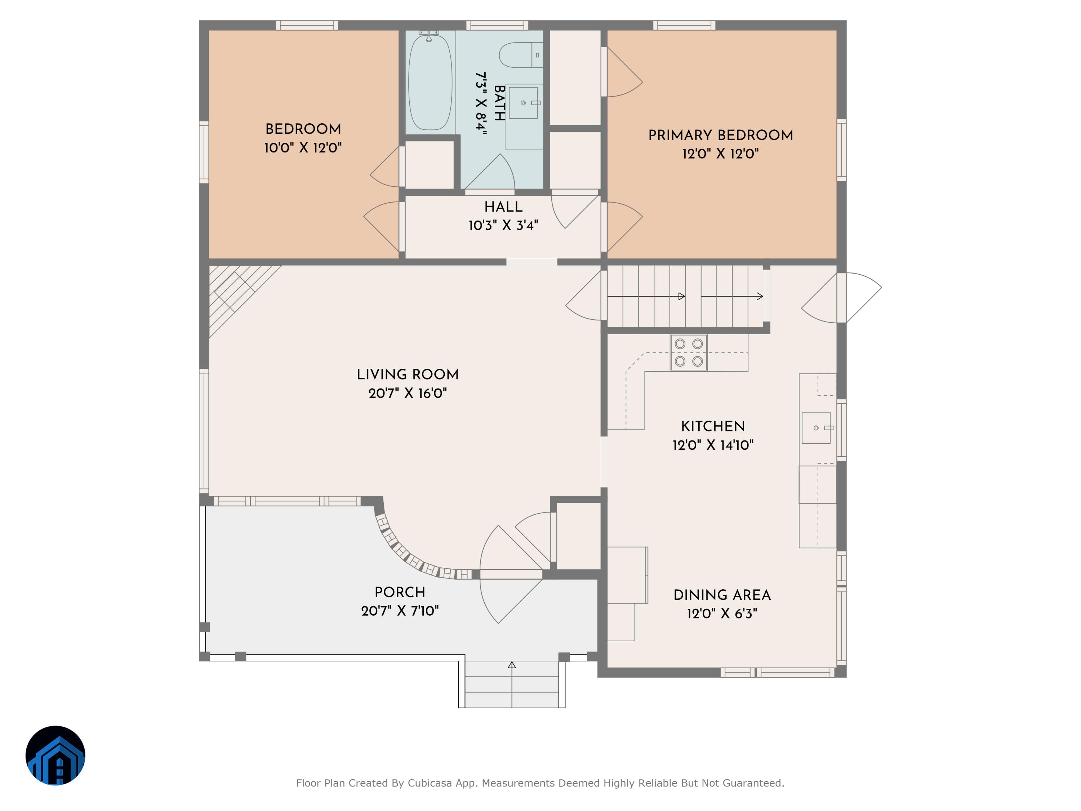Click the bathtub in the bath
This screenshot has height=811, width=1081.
[430, 82]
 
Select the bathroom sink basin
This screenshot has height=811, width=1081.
[523, 103]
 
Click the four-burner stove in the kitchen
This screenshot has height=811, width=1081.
[689, 353]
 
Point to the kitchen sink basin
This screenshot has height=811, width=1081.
[816, 428]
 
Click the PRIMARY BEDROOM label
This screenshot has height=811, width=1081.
[721, 136]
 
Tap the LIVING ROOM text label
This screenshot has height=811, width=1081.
[408, 375]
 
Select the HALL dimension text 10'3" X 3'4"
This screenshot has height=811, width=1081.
[503, 225]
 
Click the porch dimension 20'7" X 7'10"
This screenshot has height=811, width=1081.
[400, 611]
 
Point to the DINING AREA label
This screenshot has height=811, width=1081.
[722, 595]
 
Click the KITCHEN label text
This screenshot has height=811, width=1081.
[713, 426]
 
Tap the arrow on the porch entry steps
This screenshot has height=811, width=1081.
[512, 684]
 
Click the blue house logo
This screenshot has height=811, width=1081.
[55, 755]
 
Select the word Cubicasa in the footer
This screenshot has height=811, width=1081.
[430, 783]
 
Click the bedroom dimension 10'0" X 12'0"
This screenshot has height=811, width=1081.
[303, 148]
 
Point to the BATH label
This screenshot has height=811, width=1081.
[499, 103]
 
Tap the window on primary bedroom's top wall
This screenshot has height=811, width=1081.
[684, 26]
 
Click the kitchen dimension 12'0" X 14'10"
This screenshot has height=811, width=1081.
[713, 445]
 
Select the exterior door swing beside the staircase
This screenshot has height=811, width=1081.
[841, 298]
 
